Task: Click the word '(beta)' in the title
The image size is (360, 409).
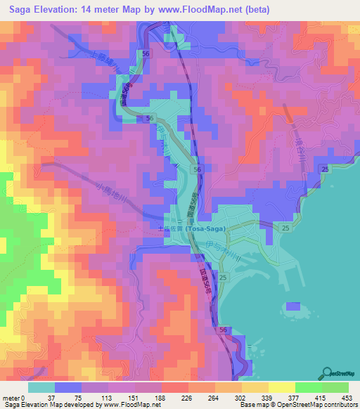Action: tap(275, 8)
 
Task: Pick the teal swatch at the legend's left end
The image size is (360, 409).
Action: tap(41, 387)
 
